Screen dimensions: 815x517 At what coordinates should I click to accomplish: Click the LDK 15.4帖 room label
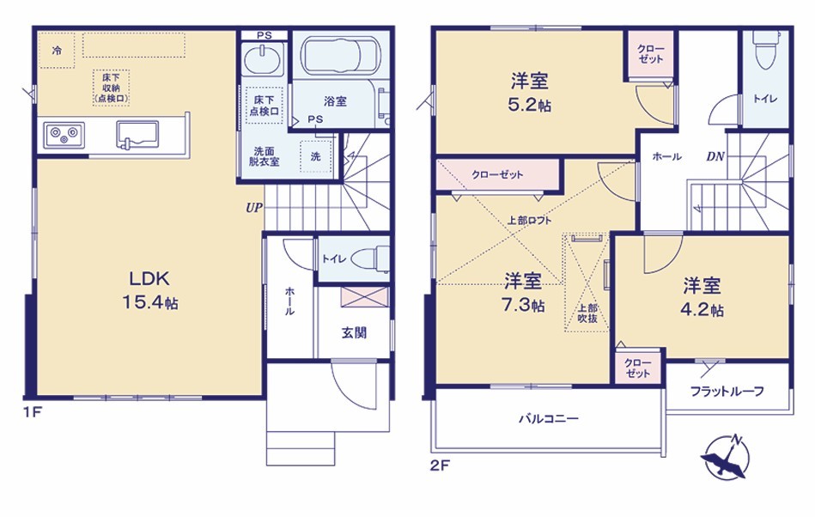[149, 291]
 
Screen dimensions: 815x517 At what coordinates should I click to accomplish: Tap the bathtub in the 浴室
[340, 56]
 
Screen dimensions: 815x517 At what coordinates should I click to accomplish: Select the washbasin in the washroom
[263, 60]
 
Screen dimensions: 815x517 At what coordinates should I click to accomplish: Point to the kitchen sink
[137, 135]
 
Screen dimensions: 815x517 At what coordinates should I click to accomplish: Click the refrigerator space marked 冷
[57, 51]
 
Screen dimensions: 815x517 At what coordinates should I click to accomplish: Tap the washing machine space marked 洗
[315, 156]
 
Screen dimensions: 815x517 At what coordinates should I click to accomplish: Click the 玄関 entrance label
[354, 332]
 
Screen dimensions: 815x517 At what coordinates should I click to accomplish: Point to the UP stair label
[254, 208]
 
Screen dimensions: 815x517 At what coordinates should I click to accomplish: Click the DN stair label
[715, 156]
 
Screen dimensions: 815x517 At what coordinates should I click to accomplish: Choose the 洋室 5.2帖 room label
[530, 93]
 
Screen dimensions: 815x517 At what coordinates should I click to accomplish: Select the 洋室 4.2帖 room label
[702, 296]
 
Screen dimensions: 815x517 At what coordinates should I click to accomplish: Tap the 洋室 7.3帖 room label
[523, 293]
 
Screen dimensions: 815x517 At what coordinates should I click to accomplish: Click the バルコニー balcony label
[549, 418]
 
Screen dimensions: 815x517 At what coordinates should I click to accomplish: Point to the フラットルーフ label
[727, 392]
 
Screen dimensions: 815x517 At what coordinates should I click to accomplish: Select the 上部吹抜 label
[587, 313]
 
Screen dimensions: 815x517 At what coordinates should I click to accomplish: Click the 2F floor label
[440, 465]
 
